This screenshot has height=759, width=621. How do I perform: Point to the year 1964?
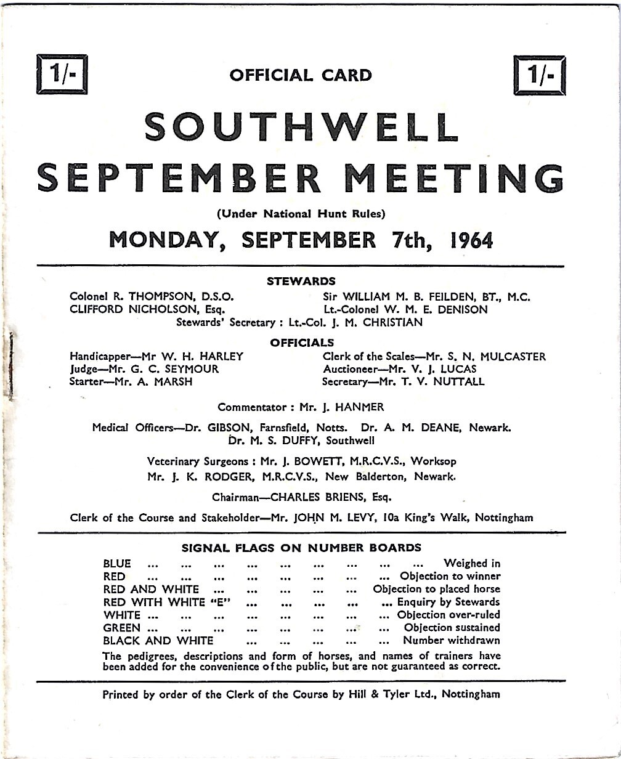(x=472, y=240)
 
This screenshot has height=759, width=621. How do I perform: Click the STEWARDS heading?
(x=301, y=282)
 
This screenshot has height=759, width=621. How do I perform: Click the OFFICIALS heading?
(x=302, y=343)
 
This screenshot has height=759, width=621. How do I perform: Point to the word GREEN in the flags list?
(x=122, y=628)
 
